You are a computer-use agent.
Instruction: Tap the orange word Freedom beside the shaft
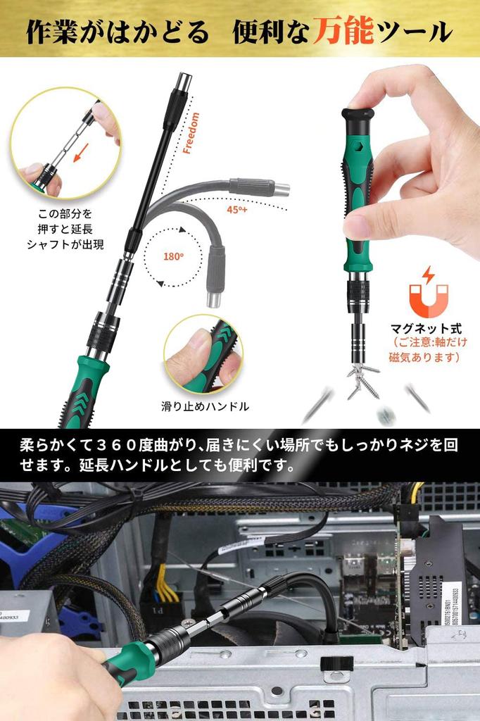click(x=191, y=132)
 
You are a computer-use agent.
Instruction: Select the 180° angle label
click(x=173, y=256)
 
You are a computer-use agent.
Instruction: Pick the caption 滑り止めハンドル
click(x=205, y=406)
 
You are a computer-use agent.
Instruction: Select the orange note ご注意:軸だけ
click(x=427, y=350)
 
